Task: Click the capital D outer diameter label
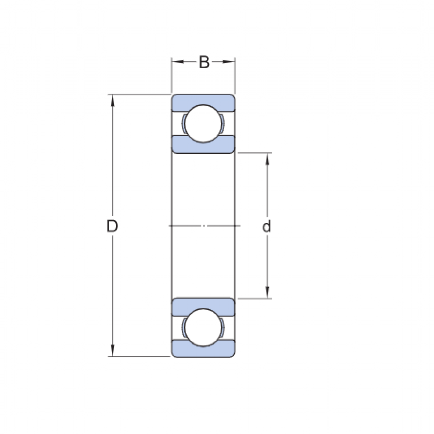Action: (x=112, y=226)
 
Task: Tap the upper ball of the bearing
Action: (x=203, y=124)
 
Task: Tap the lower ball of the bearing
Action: (x=203, y=327)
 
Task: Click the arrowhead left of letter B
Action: (x=178, y=62)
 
